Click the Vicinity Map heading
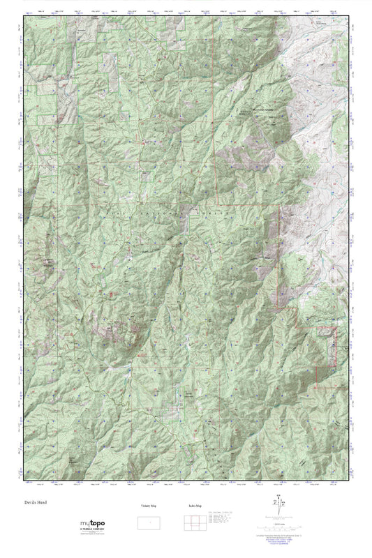tap(147, 506)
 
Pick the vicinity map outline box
tap(147, 522)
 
